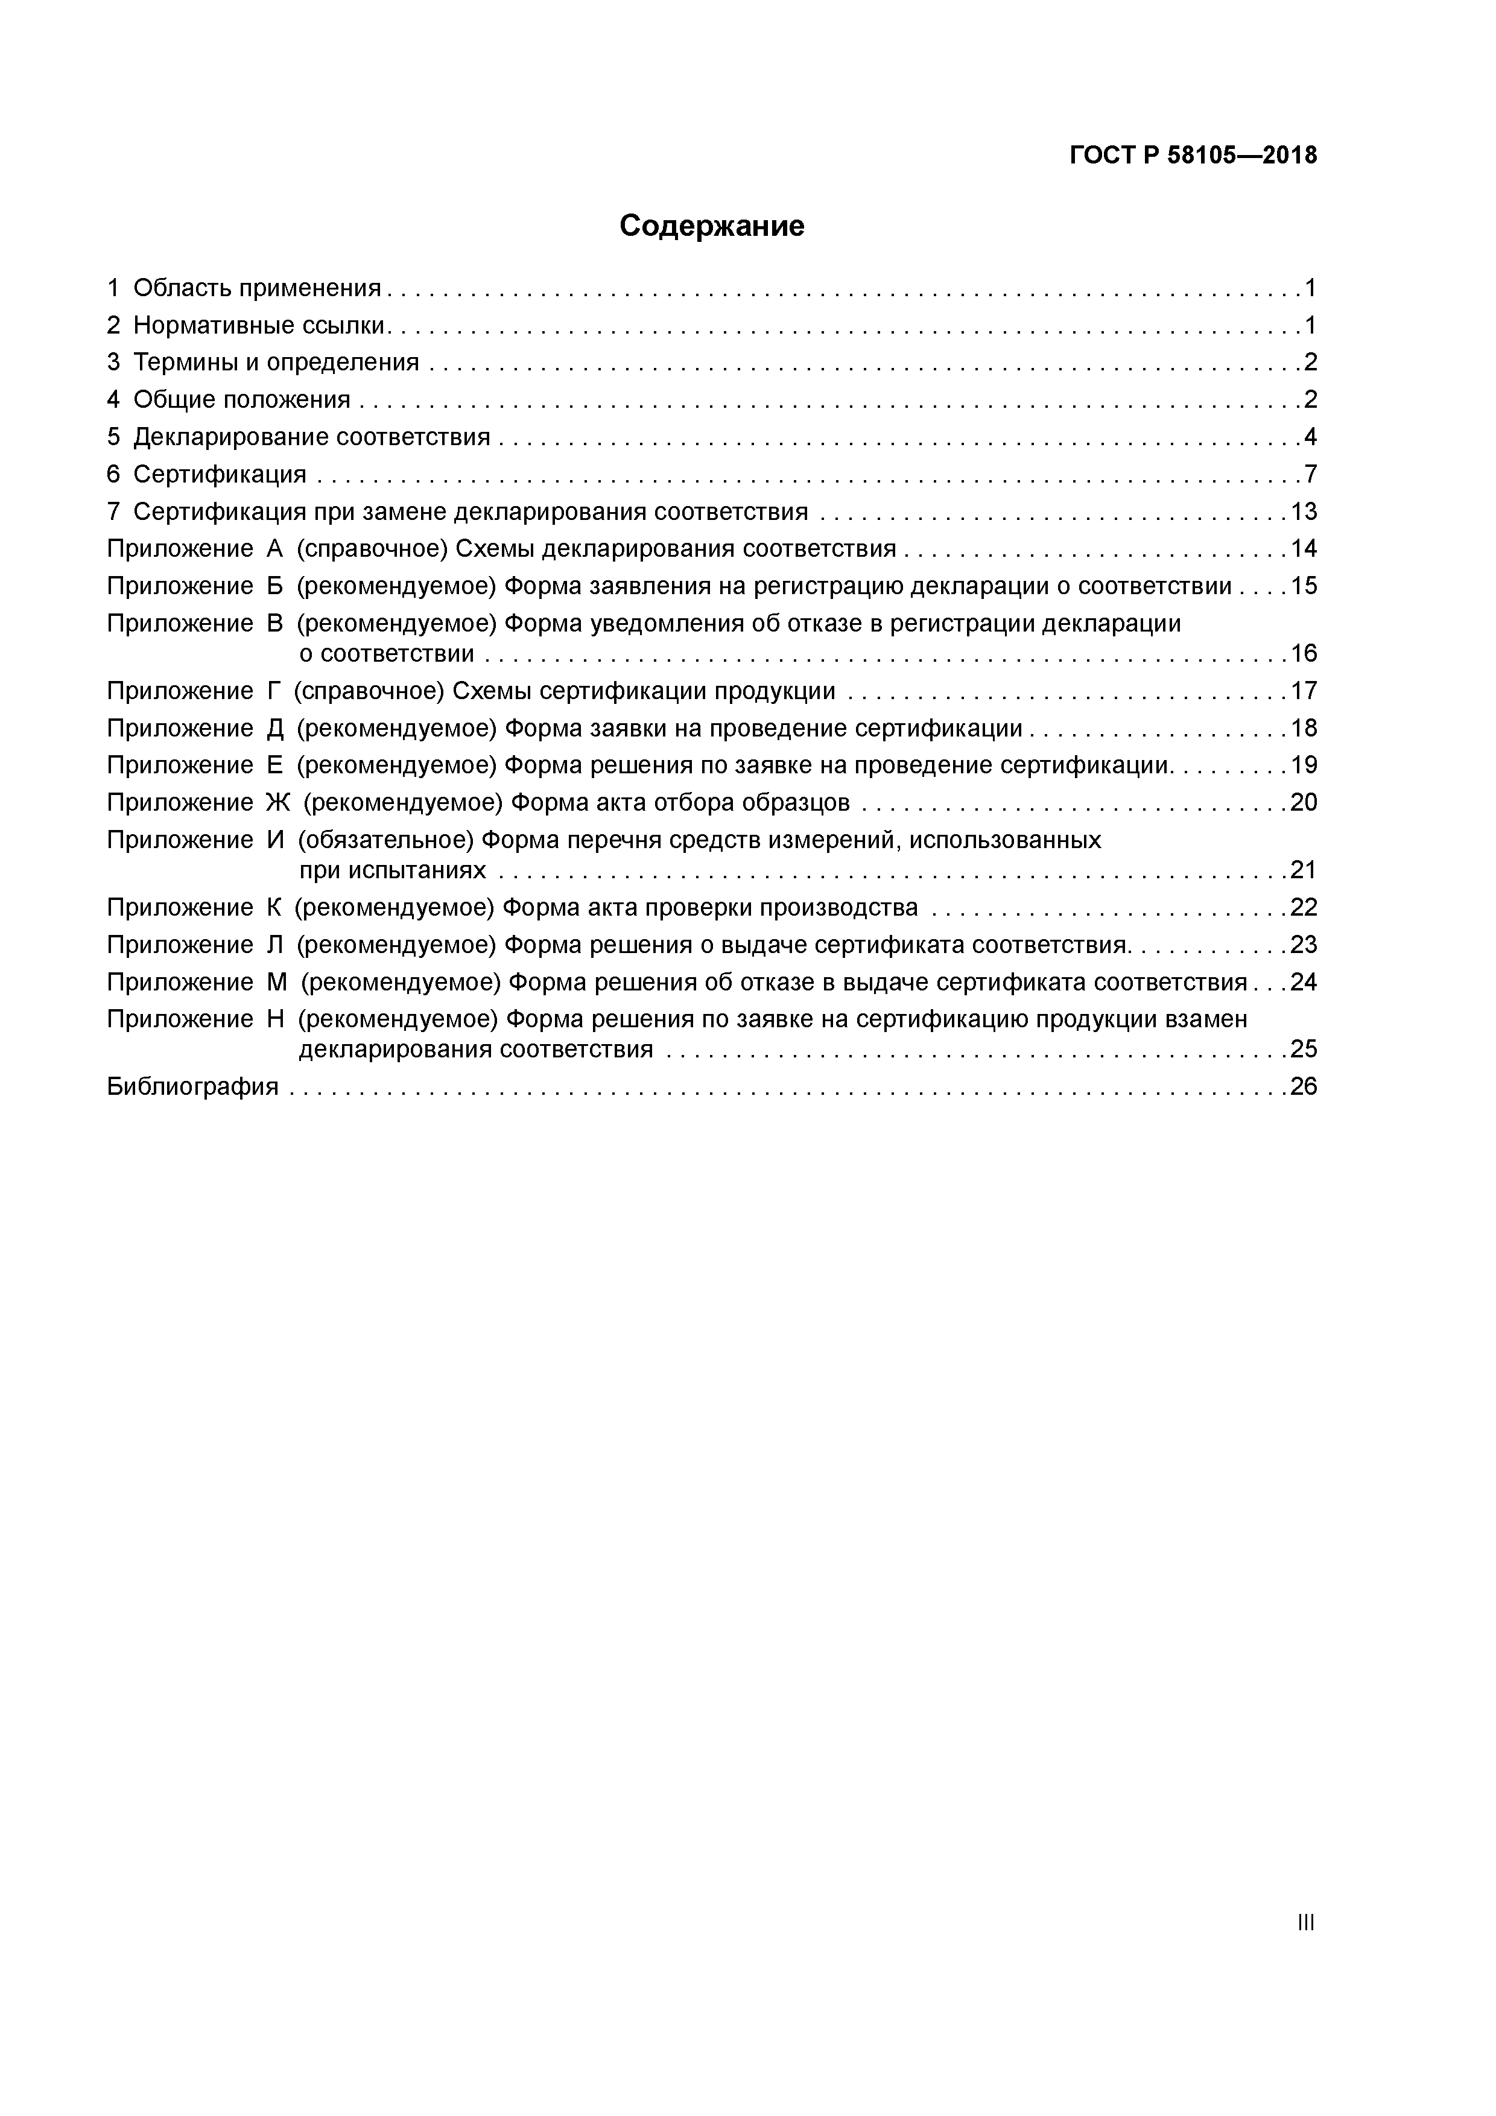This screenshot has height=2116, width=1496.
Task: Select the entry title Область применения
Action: tap(257, 288)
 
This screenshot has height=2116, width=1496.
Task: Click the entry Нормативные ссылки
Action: tap(259, 325)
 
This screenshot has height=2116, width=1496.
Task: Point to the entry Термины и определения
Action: tap(276, 362)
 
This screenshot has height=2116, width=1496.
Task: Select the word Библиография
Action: tap(192, 1086)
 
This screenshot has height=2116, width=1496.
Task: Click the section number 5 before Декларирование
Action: tap(113, 437)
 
